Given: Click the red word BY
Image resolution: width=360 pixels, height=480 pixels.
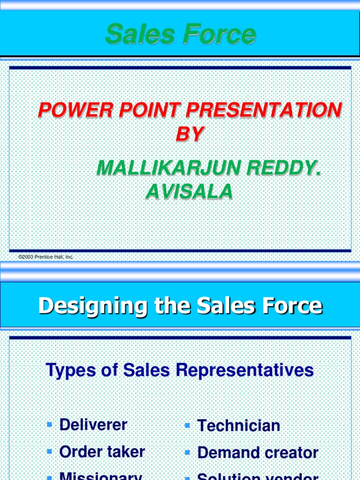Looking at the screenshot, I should (x=189, y=135).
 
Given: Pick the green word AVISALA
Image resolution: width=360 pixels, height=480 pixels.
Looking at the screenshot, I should (x=189, y=191).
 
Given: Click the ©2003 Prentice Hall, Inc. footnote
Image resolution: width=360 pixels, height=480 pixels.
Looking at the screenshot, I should (x=46, y=257).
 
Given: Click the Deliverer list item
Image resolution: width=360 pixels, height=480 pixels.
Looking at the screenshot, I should (x=93, y=425).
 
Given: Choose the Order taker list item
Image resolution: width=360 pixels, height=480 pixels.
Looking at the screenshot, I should (x=102, y=452).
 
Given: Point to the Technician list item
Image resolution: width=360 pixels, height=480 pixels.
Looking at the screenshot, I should (x=239, y=426).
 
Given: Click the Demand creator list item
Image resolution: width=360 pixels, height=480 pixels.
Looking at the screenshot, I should (x=258, y=453).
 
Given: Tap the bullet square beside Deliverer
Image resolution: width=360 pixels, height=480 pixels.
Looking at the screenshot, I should (x=50, y=425).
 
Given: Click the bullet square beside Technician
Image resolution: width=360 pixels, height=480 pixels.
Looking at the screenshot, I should (x=187, y=425).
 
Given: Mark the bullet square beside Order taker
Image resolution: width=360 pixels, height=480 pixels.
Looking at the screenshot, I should (x=50, y=451).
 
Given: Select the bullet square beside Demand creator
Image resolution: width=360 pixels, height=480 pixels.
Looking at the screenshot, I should (x=187, y=452).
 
